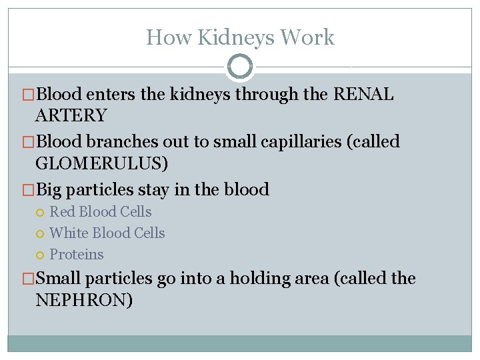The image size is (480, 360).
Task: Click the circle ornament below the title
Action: point(240,67)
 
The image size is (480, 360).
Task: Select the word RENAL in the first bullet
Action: point(363,95)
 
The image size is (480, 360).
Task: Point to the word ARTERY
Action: point(71,116)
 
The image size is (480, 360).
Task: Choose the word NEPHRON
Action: point(84,300)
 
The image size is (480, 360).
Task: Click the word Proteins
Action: point(77,255)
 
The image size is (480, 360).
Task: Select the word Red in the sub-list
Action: point(63,212)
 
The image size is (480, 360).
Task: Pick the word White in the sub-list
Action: point(69,233)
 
